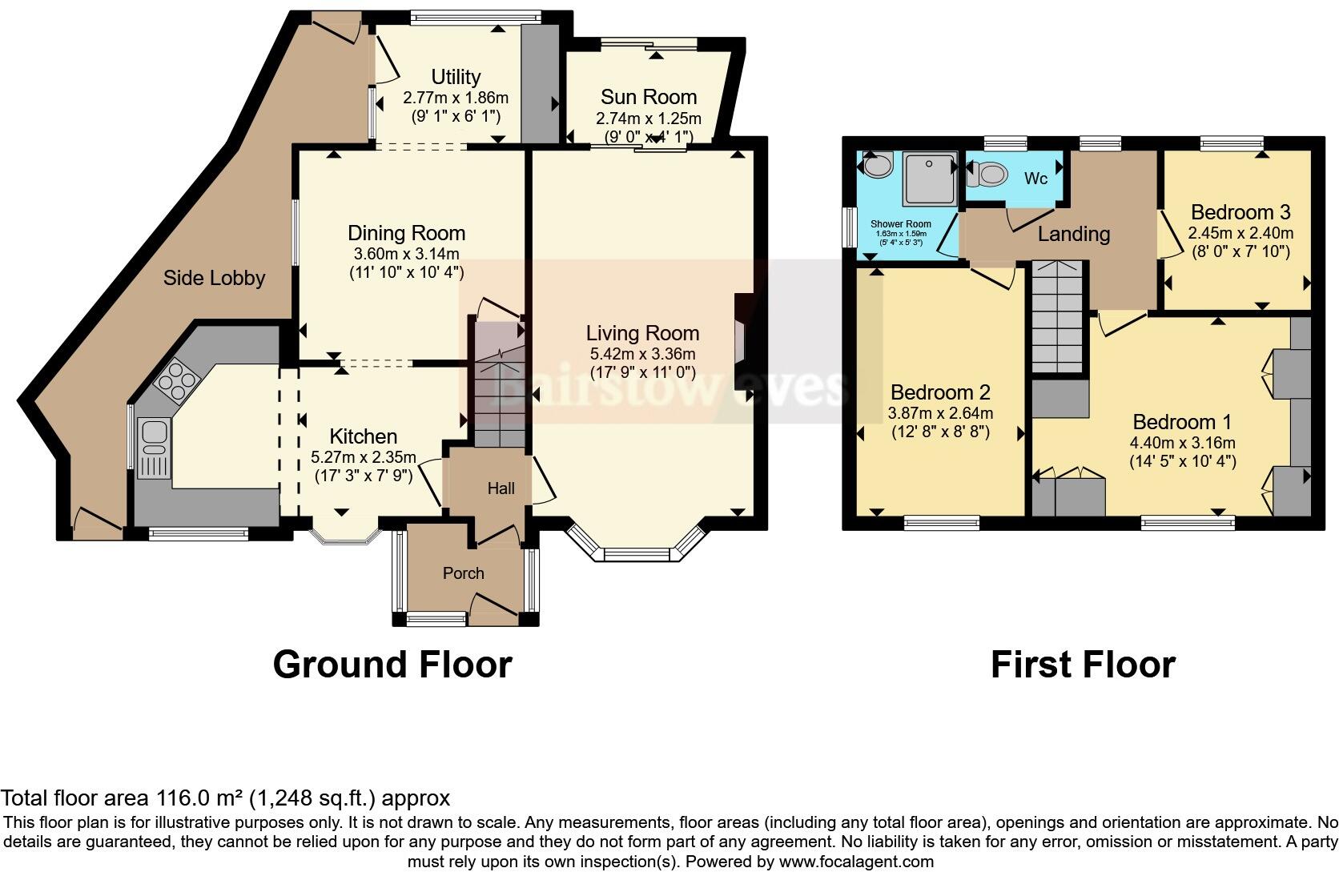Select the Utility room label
coord(456,77)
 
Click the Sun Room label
coord(649,97)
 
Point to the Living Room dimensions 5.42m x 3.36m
coord(642,353)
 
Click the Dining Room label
coord(406,233)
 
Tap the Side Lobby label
coord(214,278)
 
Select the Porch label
coord(464,573)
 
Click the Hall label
coord(501,488)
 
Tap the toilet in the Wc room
coord(990,173)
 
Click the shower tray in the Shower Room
coord(930,178)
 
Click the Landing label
coord(1073,234)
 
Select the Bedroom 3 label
coord(1240,212)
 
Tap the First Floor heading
coord(1083,665)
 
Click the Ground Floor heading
coord(392,665)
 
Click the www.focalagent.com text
coord(855,862)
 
